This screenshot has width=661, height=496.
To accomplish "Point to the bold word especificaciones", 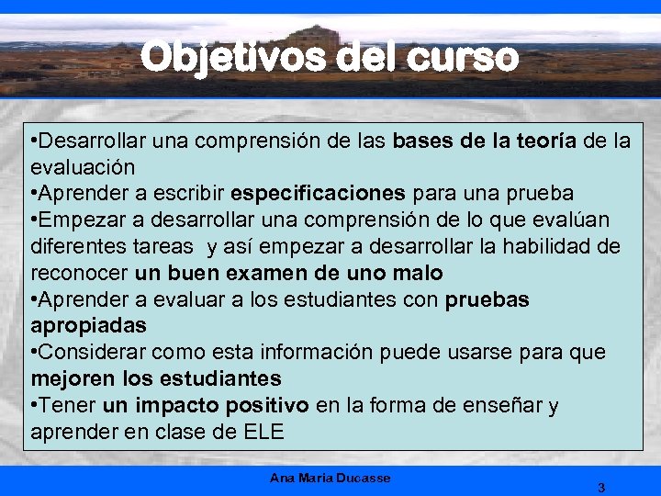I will (318, 194).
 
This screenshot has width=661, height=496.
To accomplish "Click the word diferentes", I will (73, 247).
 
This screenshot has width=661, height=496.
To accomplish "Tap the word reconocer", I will (80, 274).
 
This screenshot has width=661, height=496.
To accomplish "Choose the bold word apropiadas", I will (89, 326).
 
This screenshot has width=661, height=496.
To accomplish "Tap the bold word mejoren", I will (71, 378).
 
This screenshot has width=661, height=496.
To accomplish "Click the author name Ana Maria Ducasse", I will (330, 478).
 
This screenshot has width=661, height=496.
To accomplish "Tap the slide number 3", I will (600, 487).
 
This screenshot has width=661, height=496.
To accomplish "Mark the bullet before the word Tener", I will (35, 405).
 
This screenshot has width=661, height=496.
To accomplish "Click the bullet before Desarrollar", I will (35, 141).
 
